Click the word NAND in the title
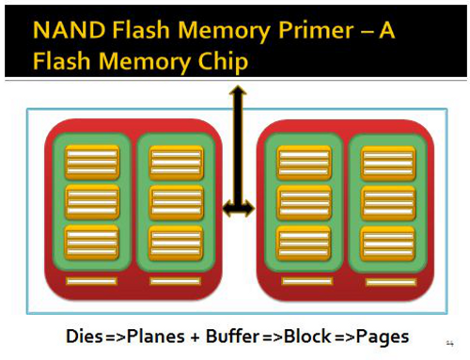[69, 30]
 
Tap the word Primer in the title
[316, 31]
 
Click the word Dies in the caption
[85, 337]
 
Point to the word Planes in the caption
[155, 337]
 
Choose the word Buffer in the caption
[232, 337]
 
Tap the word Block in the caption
[307, 337]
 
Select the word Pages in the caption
[383, 337]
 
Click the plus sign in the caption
[195, 337]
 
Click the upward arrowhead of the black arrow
[238, 90]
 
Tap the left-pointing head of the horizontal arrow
[227, 208]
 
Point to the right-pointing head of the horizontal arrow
[249, 208]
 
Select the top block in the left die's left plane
[92, 163]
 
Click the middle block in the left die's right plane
[176, 203]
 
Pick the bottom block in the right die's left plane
[304, 243]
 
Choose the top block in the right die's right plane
[388, 163]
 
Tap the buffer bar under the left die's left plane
[91, 281]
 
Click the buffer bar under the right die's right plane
[391, 282]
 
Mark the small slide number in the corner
[449, 343]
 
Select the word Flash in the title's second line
[61, 61]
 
